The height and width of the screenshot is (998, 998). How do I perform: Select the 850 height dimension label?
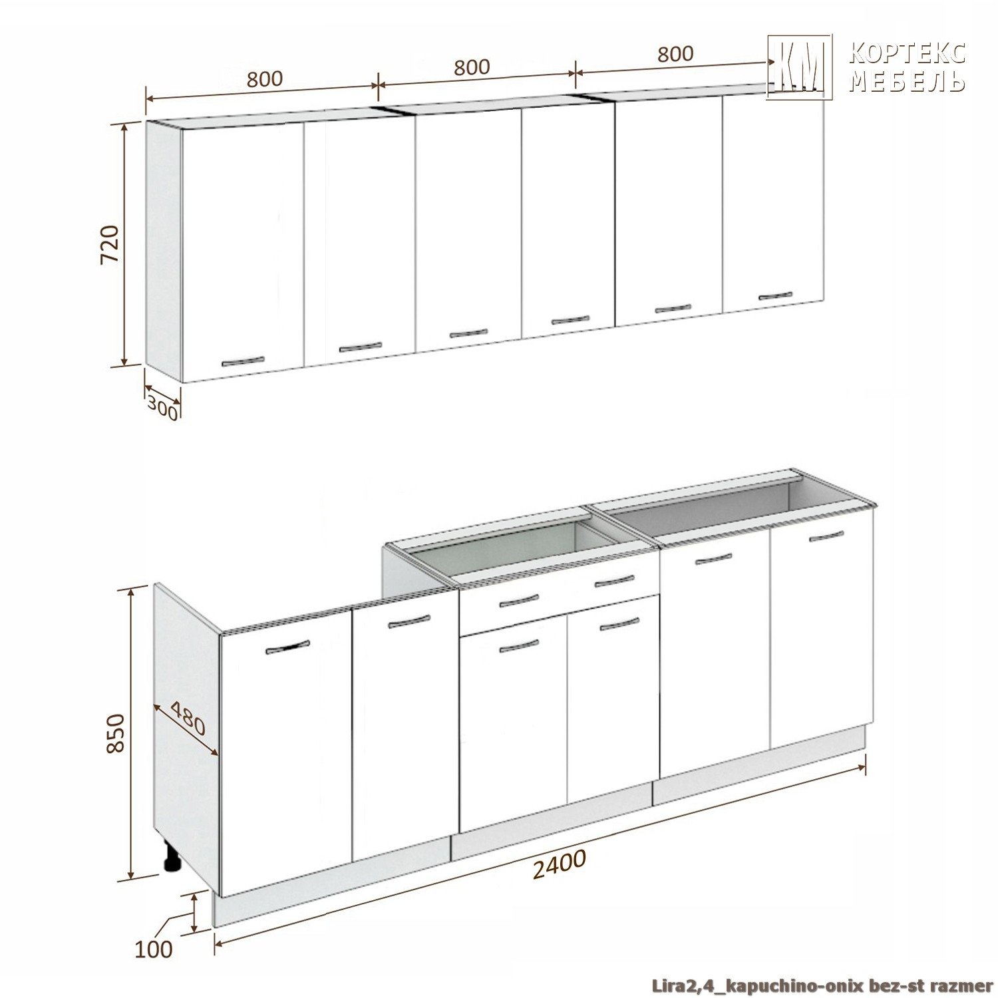(115, 733)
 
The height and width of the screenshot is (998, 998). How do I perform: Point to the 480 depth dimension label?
(188, 718)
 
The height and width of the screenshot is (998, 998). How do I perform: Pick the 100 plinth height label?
(154, 949)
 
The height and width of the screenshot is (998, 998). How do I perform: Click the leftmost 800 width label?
(265, 79)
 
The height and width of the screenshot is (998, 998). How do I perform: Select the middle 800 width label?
(472, 67)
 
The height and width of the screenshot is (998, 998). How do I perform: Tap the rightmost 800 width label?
(675, 54)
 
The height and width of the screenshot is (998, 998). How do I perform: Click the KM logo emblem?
(799, 67)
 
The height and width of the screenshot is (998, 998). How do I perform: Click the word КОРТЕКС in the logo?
(907, 53)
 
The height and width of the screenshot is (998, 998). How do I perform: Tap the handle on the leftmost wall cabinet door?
(243, 362)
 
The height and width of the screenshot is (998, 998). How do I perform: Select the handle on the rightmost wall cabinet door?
(775, 296)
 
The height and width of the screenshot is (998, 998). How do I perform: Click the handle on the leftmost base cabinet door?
(287, 647)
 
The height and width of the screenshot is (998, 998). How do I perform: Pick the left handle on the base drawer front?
(519, 601)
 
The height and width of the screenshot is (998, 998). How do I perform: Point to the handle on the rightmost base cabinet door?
(826, 536)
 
